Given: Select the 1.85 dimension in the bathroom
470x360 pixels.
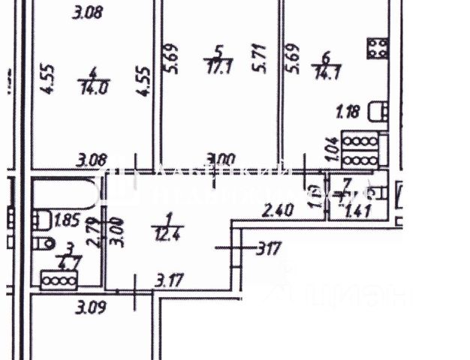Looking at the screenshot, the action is click(x=67, y=220).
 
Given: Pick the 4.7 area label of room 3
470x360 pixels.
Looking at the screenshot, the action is click(x=71, y=262).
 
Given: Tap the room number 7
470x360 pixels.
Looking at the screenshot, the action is click(x=346, y=182).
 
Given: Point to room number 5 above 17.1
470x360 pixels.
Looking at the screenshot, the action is click(x=218, y=51).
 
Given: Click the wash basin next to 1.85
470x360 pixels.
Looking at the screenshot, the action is click(x=41, y=220).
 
